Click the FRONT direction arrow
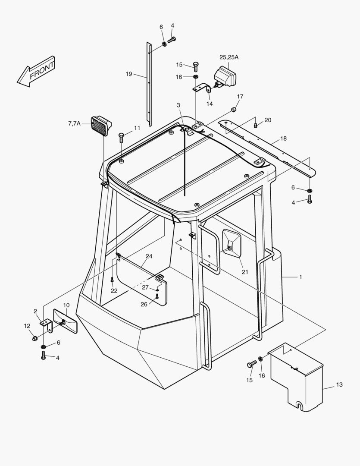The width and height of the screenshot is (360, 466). click(37, 71)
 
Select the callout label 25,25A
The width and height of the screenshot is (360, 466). click(229, 57)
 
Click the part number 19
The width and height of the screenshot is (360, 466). click(129, 74)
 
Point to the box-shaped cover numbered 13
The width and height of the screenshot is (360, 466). click(296, 377)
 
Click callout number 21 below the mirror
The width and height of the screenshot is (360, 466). click(245, 272)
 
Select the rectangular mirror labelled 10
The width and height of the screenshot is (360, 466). click(65, 321)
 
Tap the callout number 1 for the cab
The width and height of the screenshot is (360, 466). click(301, 277)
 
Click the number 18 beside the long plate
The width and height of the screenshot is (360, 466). click(283, 139)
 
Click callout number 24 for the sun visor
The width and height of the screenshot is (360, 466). click(149, 256)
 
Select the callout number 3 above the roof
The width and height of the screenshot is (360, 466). click(178, 105)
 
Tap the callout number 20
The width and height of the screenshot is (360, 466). click(268, 120)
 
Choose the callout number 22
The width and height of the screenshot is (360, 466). click(114, 290)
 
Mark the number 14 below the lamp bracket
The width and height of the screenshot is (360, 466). click(210, 104)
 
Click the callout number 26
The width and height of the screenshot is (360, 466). click(144, 304)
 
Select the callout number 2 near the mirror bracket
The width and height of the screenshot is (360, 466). click(35, 311)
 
